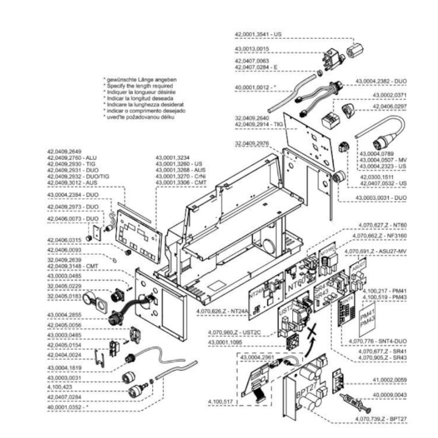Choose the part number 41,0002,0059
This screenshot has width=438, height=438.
(x=390, y=379)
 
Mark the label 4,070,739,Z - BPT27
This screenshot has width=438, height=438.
(x=381, y=418)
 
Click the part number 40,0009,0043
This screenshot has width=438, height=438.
(x=390, y=394)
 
